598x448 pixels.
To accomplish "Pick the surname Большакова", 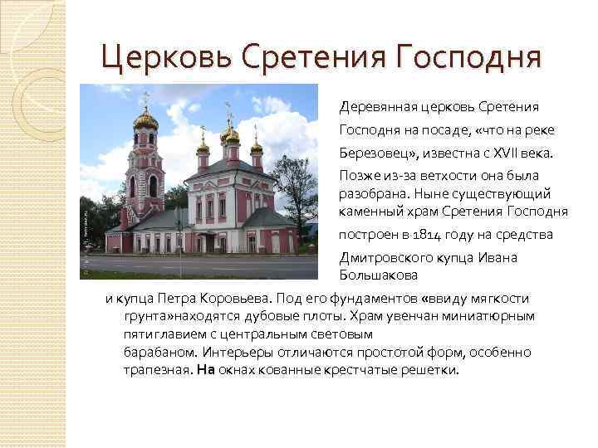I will point(378,274).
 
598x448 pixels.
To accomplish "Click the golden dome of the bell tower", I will point(146,121).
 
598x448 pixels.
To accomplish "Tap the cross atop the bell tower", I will point(146,100).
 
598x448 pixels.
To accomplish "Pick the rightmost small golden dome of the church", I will point(257,147).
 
